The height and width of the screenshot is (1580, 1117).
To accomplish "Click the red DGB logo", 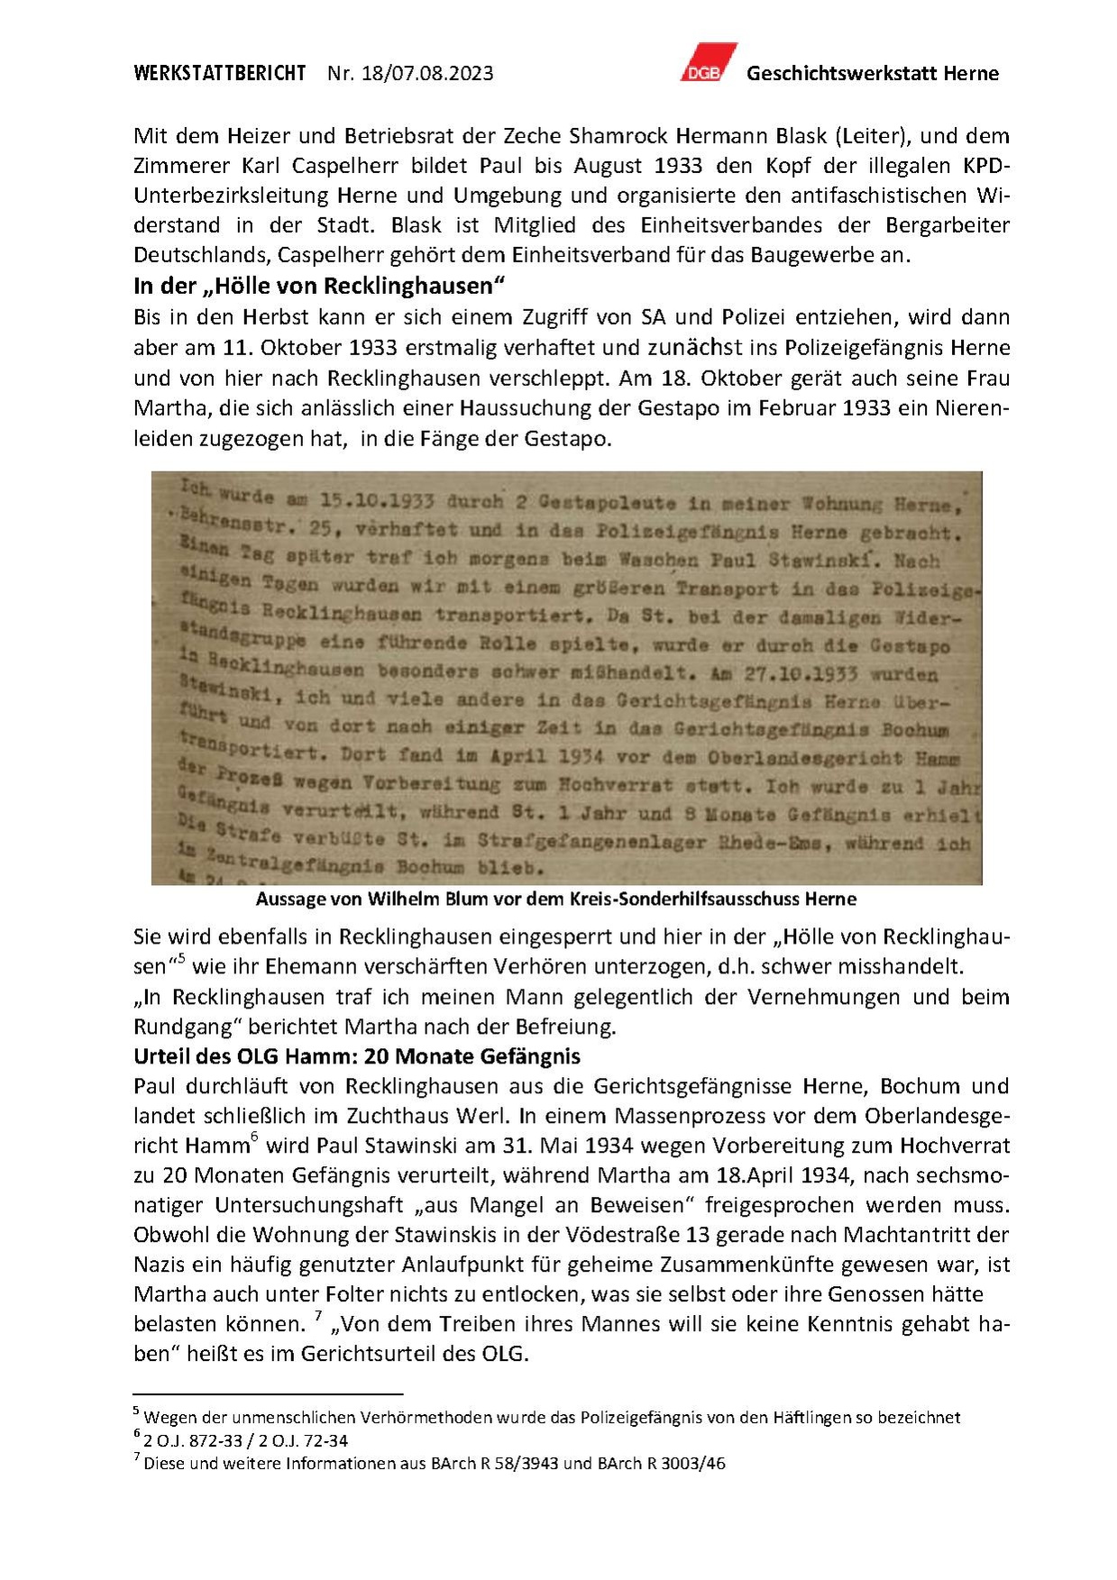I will click(708, 63).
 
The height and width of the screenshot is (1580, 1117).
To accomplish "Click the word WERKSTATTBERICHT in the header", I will click(220, 73).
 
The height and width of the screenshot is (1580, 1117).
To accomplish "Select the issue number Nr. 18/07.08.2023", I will click(410, 73).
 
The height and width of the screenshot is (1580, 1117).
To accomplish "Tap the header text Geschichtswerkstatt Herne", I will click(872, 73).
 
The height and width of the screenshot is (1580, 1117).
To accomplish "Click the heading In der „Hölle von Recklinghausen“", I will click(318, 286).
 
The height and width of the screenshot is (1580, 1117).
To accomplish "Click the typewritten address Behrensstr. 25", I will click(254, 528).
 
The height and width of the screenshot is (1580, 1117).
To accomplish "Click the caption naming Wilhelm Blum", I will click(555, 899).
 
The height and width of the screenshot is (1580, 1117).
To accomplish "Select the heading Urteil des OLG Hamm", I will click(356, 1055).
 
